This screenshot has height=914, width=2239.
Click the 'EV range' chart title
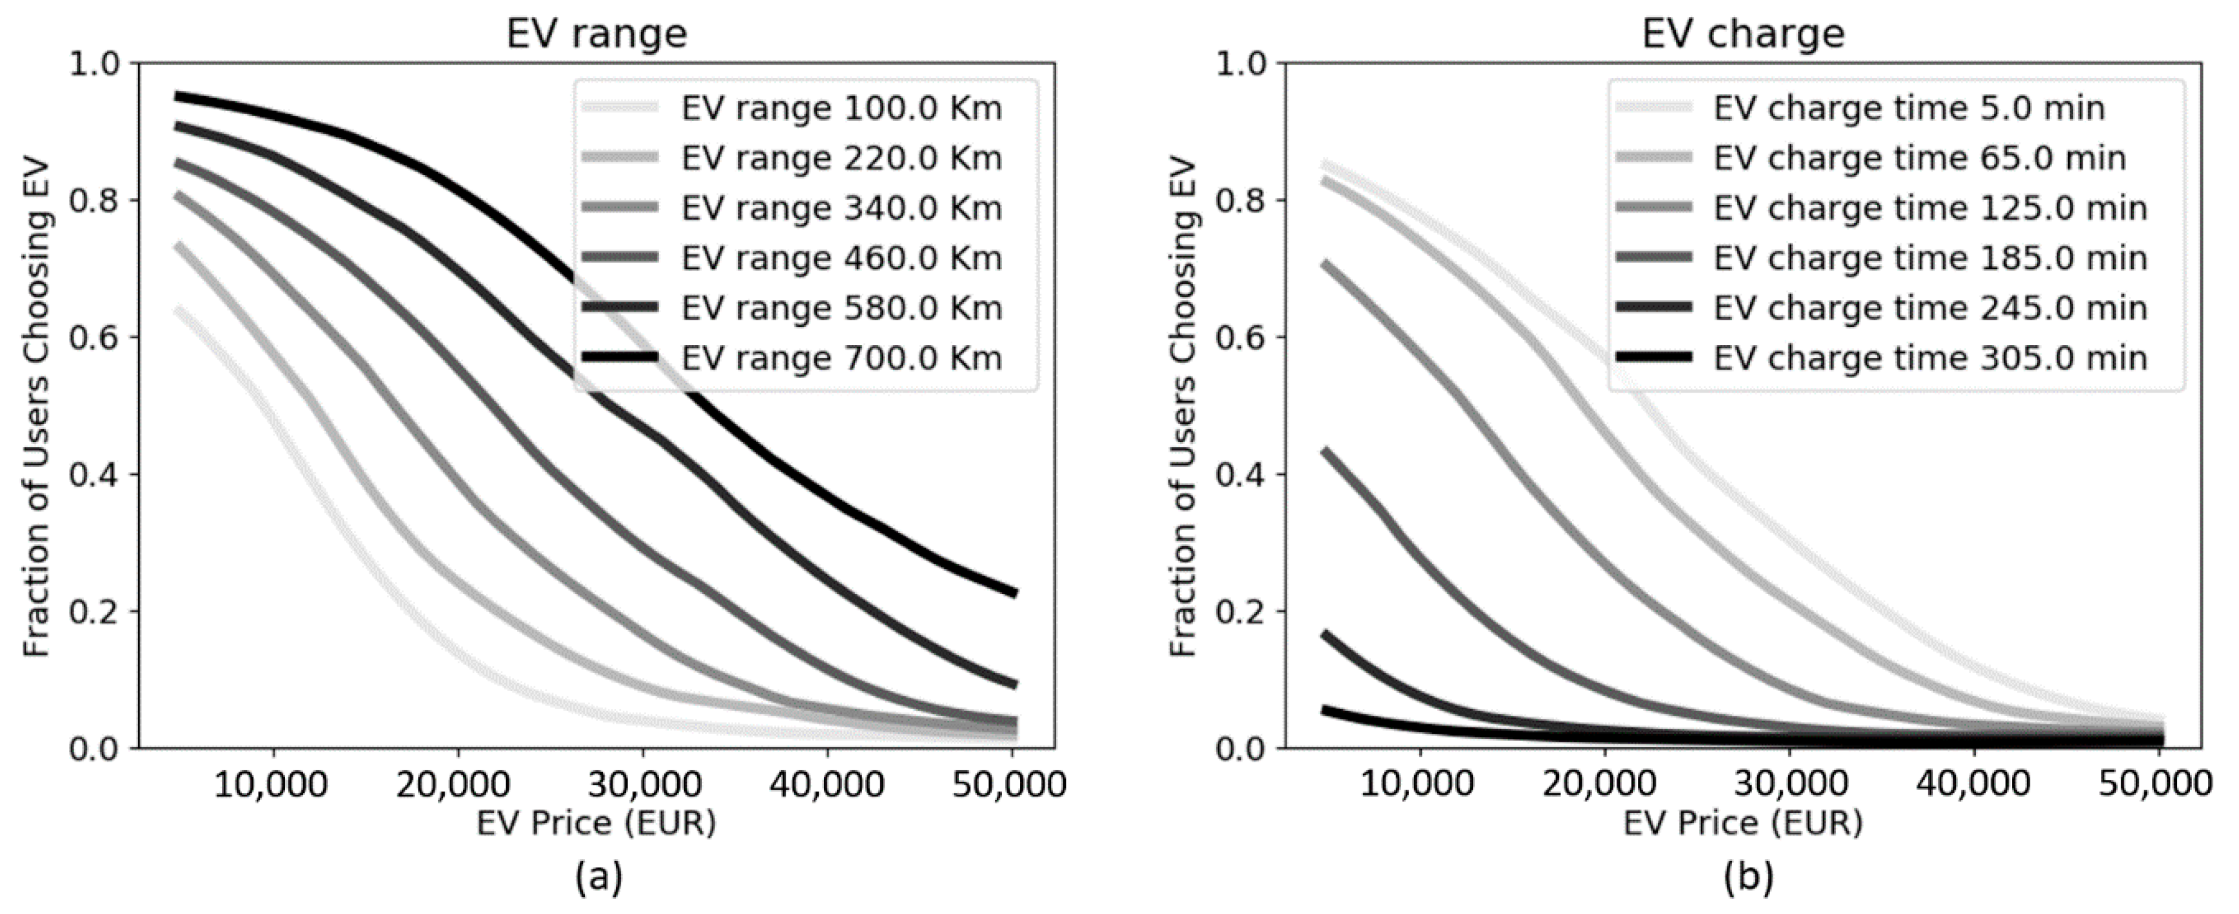tap(596, 33)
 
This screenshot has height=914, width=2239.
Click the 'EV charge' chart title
tap(1743, 33)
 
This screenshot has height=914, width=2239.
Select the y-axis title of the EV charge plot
tap(1183, 406)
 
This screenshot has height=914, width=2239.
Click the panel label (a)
tap(598, 878)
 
